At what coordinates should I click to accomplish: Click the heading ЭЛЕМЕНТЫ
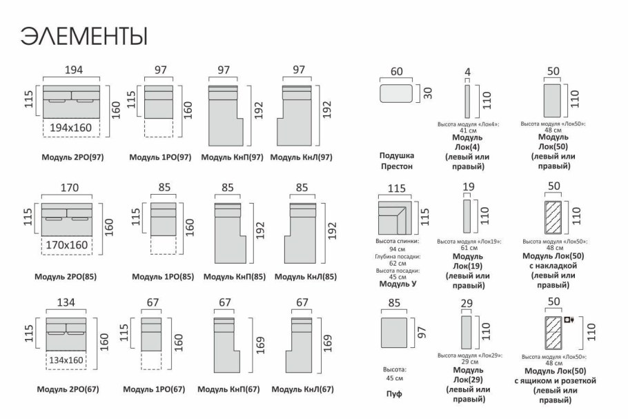tap(84, 35)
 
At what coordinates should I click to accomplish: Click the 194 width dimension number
tap(74, 70)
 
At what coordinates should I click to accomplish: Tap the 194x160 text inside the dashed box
tap(71, 128)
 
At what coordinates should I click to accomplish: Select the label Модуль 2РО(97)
tap(72, 157)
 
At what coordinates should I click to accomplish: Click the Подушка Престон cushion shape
tap(396, 93)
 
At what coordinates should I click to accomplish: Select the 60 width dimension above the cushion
tap(396, 72)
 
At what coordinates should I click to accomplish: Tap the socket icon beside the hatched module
tap(569, 320)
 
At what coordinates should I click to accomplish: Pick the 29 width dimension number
tap(468, 302)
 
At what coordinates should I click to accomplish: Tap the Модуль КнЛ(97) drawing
tap(298, 115)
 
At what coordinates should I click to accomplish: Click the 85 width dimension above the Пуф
tap(394, 302)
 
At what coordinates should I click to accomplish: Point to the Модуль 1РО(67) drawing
tap(152, 333)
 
